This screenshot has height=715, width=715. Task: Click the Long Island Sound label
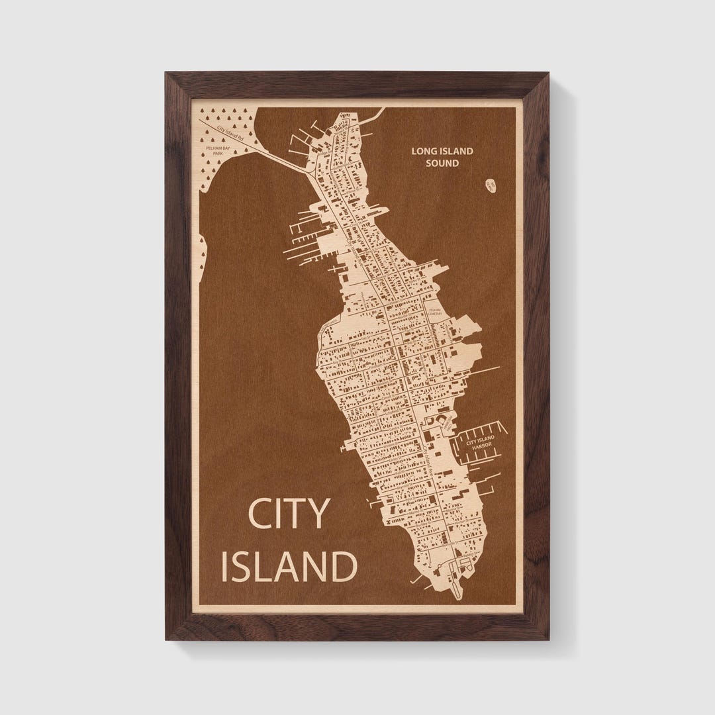point(442,157)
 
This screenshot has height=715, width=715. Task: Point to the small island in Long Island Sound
point(491,186)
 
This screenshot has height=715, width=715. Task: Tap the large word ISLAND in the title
point(289,566)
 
